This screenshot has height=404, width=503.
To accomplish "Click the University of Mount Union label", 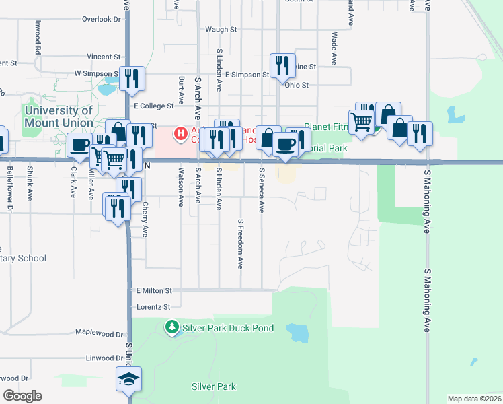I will tap(59, 116).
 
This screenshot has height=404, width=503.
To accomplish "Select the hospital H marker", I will tap(181, 134).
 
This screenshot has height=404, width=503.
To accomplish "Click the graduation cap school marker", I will tap(128, 380).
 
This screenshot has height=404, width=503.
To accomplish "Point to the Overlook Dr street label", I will tap(101, 19).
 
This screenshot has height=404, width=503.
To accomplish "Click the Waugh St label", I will tap(221, 30).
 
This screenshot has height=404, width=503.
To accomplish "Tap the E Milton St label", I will tap(154, 290).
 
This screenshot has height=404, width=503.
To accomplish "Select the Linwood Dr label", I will tap(104, 358).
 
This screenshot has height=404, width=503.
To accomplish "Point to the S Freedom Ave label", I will tap(240, 244).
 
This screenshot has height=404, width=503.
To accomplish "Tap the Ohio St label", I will tap(296, 86).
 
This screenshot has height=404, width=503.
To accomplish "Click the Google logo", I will tap(22, 396).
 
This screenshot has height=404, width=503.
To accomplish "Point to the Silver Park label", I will tap(213, 386).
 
